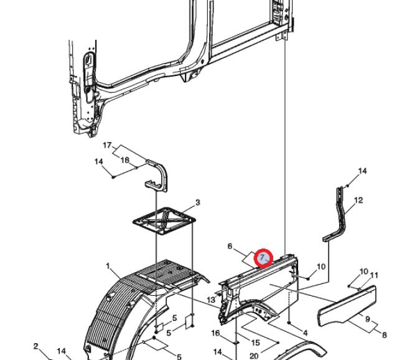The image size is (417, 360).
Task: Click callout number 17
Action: (107, 145)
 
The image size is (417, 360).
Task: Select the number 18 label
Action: (124, 160)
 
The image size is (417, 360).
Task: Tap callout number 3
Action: (197, 202)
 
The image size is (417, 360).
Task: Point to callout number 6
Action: (230, 246)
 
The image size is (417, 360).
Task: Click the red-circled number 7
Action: (263, 258)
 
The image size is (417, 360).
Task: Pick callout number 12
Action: (358, 200)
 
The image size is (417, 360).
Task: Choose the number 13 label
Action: (211, 300)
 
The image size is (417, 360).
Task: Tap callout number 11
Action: (374, 275)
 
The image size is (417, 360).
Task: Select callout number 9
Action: (368, 319)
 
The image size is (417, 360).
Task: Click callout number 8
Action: (384, 334)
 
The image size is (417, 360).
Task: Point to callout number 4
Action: (306, 333)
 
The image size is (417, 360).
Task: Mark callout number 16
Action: (215, 333)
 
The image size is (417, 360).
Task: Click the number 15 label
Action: (255, 343)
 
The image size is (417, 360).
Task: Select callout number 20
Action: (254, 356)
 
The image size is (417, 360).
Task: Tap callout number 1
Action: (108, 266)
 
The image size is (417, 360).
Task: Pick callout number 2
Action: (36, 346)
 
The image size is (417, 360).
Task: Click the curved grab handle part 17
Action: (163, 173)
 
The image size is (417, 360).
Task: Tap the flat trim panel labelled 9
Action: (347, 306)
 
